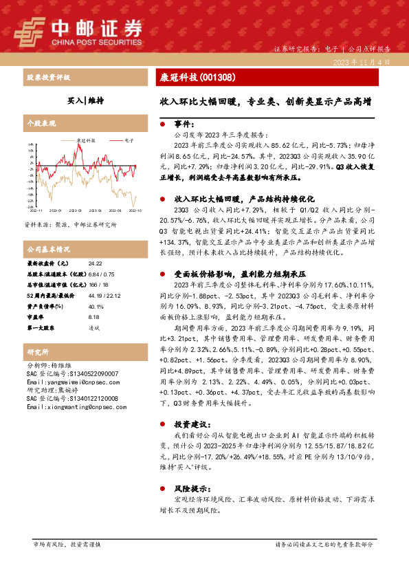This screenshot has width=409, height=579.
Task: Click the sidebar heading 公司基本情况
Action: [49, 248]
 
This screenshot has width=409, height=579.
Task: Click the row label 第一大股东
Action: [41, 328]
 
